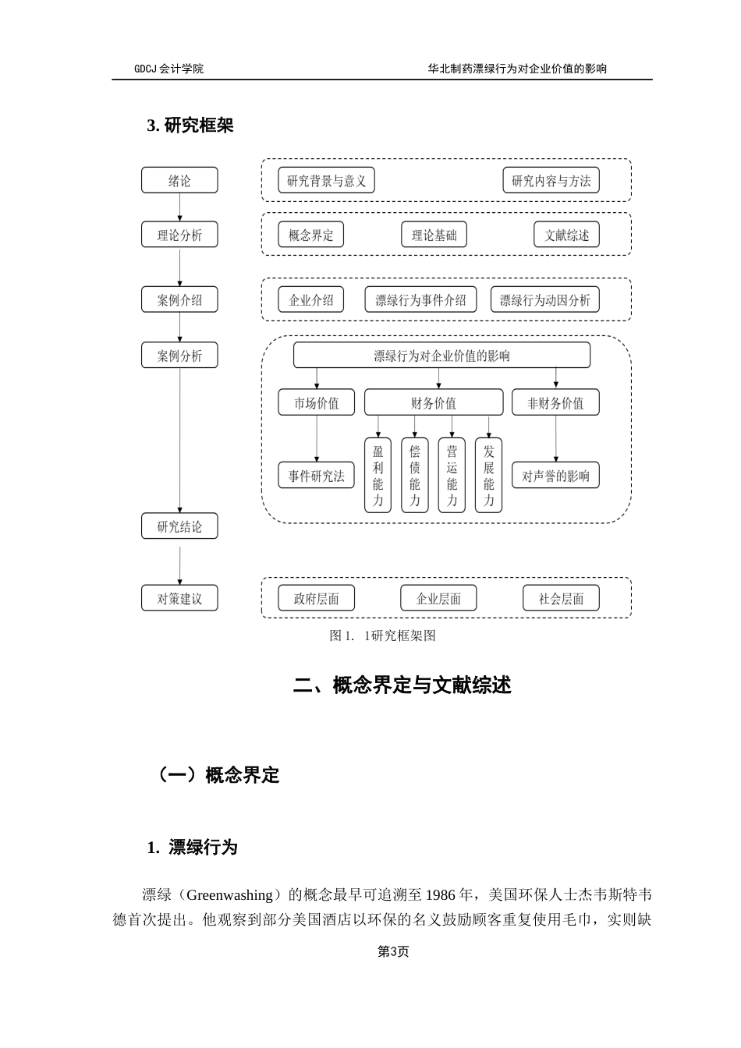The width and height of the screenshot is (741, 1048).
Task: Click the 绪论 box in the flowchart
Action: [x=179, y=180]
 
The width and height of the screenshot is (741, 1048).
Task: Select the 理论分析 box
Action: [x=179, y=235]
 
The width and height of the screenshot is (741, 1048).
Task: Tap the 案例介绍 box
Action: [x=179, y=299]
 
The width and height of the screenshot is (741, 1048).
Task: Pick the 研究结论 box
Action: [x=179, y=526]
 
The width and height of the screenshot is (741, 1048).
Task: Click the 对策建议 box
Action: [x=179, y=598]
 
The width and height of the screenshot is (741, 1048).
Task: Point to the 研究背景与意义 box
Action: [x=326, y=181]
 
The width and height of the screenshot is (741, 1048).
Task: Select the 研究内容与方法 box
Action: [x=551, y=181]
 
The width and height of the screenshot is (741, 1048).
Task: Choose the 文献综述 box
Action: [x=566, y=235]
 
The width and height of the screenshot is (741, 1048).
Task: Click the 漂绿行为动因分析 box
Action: [x=544, y=299]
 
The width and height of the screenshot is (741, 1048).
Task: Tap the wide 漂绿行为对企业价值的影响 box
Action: [x=441, y=356]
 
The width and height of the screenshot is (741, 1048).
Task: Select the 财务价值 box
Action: [x=434, y=402]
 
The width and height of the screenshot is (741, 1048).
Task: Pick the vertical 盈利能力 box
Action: [x=378, y=475]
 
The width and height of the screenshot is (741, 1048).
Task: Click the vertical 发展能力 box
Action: [x=488, y=475]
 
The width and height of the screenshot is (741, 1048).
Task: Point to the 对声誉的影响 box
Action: [x=555, y=476]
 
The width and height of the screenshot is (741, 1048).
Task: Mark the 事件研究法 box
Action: [x=316, y=476]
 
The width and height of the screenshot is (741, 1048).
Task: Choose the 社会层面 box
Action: [x=561, y=598]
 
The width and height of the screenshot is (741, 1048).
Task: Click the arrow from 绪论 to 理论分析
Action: [x=179, y=207]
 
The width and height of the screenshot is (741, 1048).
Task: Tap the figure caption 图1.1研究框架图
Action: [x=382, y=636]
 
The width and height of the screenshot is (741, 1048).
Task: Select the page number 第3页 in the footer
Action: [x=393, y=951]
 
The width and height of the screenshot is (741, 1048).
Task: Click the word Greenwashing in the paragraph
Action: [x=229, y=894]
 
